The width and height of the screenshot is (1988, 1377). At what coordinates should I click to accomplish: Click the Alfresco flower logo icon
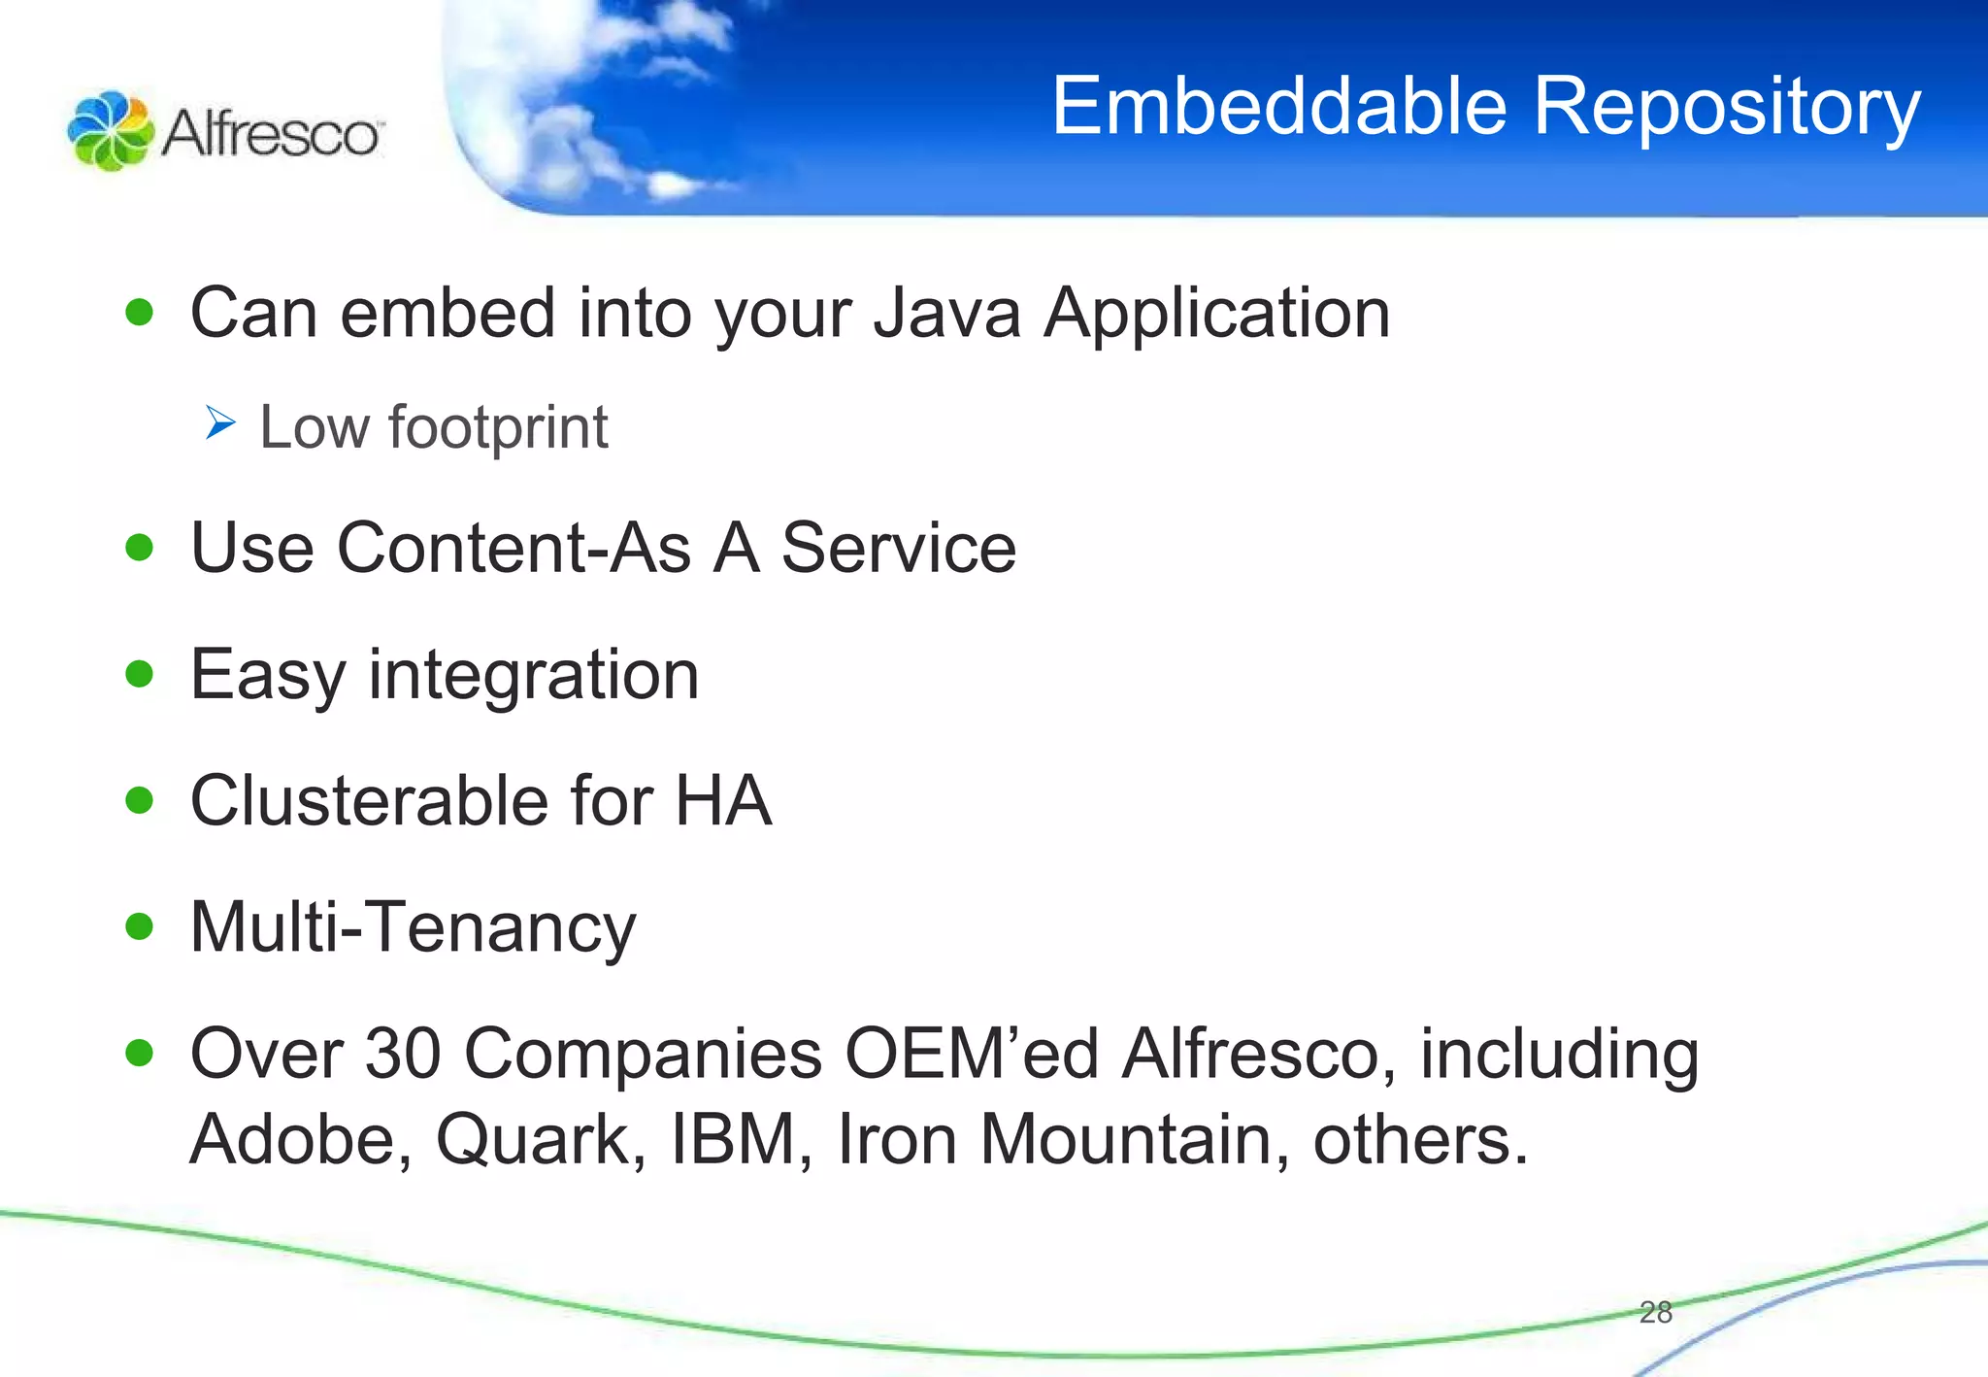point(110,131)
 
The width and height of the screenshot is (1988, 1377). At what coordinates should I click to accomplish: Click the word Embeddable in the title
point(1279,107)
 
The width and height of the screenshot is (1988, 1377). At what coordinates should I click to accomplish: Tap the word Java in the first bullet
point(946,314)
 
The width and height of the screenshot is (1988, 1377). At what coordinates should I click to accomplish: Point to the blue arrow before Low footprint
point(220,423)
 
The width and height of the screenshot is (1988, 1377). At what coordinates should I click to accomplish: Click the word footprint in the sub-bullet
point(498,428)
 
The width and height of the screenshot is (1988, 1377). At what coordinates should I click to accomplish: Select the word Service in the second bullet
point(898,548)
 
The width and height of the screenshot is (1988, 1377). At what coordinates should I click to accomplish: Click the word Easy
point(267,676)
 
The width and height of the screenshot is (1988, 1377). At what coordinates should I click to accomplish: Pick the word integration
point(533,676)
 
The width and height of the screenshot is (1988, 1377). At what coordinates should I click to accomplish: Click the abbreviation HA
point(723,801)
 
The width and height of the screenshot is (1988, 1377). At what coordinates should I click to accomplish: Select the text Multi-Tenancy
point(413,927)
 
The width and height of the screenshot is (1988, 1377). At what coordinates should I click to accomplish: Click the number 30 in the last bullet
point(402,1054)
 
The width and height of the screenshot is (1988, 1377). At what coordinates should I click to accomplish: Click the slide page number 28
point(1655,1313)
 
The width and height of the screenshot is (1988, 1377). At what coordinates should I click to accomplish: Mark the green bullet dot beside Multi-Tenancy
point(140,926)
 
